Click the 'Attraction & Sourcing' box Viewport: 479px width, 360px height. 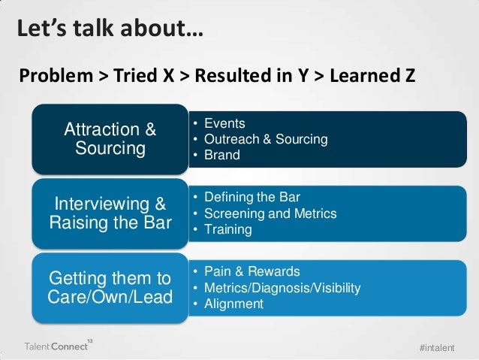110,138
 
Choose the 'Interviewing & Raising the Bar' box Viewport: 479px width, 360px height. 110,213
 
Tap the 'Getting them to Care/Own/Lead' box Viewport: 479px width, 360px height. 110,287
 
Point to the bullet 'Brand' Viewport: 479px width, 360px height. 224,156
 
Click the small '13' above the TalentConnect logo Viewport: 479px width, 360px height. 90,340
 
